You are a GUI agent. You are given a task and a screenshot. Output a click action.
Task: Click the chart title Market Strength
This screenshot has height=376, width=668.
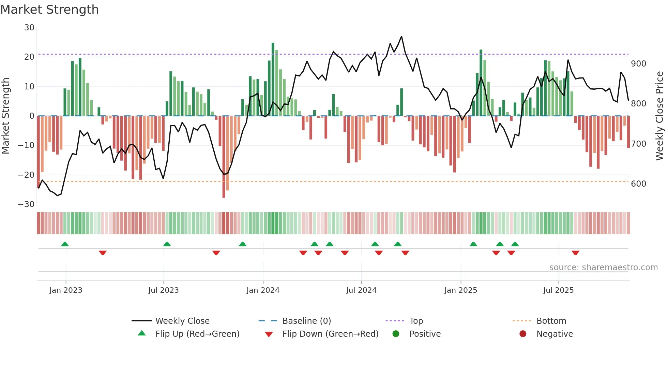pyautogui.click(x=49, y=10)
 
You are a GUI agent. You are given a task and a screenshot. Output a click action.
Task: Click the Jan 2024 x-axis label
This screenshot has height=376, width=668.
pyautogui.click(x=263, y=290)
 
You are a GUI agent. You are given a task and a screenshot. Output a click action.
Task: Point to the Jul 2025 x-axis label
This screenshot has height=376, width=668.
pyautogui.click(x=558, y=290)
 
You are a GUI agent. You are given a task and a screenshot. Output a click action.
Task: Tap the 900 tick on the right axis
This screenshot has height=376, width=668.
pyautogui.click(x=638, y=64)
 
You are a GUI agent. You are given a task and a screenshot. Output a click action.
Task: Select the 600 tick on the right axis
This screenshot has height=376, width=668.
pyautogui.click(x=638, y=184)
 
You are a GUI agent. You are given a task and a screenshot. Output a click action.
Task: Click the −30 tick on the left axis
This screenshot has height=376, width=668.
pyautogui.click(x=26, y=204)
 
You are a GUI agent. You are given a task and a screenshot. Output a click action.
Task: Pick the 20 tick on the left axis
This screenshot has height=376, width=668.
pyautogui.click(x=29, y=57)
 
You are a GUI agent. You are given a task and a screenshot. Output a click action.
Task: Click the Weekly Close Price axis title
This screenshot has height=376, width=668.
pyautogui.click(x=659, y=116)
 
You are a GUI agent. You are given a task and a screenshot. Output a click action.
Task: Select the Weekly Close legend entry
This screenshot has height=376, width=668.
pyautogui.click(x=182, y=321)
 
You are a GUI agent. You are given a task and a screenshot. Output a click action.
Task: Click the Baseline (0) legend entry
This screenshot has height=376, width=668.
pyautogui.click(x=306, y=321)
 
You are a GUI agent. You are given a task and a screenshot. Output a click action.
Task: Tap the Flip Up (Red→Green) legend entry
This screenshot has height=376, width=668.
pyautogui.click(x=197, y=334)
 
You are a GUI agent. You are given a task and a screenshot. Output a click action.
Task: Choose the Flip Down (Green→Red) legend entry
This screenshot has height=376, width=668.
pyautogui.click(x=330, y=334)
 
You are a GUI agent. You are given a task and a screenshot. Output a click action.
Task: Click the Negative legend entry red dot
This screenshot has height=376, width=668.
pyautogui.click(x=523, y=334)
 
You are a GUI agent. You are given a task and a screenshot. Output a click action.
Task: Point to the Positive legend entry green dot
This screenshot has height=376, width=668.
pyautogui.click(x=396, y=334)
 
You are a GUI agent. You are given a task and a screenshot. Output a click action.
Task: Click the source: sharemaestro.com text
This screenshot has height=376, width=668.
pyautogui.click(x=603, y=267)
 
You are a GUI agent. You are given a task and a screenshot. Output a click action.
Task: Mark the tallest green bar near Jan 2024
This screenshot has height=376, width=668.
pyautogui.click(x=273, y=78)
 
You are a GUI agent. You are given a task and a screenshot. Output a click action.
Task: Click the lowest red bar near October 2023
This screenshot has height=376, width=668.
pyautogui.click(x=224, y=157)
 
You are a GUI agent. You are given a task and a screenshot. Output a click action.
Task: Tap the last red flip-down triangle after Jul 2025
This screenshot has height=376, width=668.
pyautogui.click(x=575, y=253)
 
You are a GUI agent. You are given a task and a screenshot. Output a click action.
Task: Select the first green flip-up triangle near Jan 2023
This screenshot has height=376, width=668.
pyautogui.click(x=65, y=244)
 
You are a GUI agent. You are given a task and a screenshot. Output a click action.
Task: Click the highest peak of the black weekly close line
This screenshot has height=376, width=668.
pyautogui.click(x=401, y=37)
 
